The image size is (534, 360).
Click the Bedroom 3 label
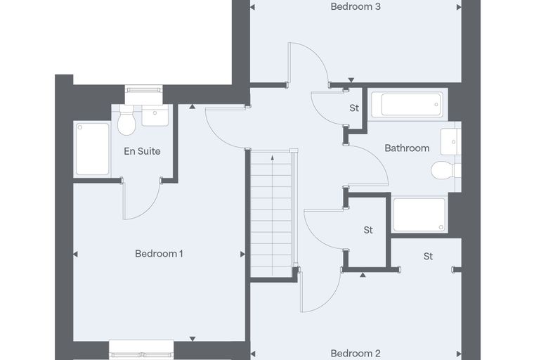356,6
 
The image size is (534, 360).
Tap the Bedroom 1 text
159,254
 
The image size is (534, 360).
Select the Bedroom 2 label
356,353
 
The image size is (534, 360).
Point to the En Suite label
142,151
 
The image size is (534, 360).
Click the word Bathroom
407,148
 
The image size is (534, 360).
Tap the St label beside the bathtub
354,108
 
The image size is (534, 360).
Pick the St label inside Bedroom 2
428,256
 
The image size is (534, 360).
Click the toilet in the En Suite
126,120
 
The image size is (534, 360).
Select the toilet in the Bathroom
445,170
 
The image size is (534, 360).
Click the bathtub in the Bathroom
408,105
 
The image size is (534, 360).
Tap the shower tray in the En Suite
92,149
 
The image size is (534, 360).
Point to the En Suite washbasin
155,115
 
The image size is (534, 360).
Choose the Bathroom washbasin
451,141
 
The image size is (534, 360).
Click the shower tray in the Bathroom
419,214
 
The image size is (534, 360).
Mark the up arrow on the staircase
273,215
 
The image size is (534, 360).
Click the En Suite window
143,90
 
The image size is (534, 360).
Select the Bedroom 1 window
141,354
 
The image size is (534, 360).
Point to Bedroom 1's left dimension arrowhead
75,255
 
